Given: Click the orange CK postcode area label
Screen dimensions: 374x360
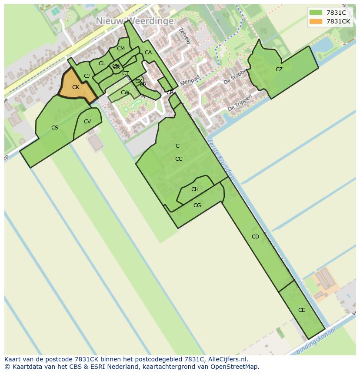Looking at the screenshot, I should tap(76, 87).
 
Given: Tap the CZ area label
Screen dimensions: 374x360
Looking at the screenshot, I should tap(279, 70).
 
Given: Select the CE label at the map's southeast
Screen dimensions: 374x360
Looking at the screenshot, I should tap(302, 310).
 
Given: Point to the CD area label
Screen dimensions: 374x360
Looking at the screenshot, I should tap(255, 237).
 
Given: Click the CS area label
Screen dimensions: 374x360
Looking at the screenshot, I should tap(55, 128).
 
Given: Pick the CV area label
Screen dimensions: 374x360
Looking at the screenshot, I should tap(87, 122).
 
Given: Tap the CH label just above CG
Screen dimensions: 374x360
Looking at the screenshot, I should tap(195, 189).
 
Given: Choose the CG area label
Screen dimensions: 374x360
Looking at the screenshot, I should tap(197, 205).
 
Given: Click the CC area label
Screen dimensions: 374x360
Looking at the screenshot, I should tap(179, 159).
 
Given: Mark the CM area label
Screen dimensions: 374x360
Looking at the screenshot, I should tap(121, 49).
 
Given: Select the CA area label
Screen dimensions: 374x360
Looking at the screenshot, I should tap(148, 53).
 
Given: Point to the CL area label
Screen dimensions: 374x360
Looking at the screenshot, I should tap(102, 63).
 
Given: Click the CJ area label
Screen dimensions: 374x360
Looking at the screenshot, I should tap(87, 76).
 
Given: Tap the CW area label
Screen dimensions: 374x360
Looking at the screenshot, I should tap(125, 93).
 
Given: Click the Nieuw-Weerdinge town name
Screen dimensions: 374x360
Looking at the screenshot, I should tap(135, 21).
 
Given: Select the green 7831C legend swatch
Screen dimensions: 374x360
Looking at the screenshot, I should tap(316, 13).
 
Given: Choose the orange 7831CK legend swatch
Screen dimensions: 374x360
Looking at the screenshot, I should tap(316, 21).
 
